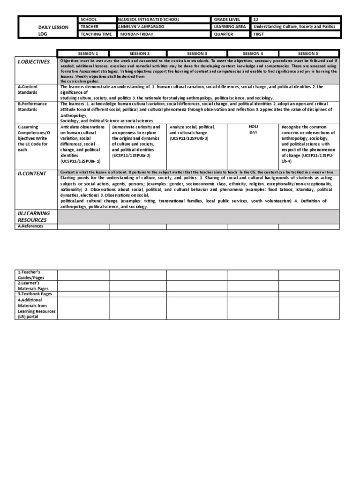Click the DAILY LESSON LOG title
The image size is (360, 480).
point(53,30)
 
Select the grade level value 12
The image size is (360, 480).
point(256,20)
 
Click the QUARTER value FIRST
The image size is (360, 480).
point(259,34)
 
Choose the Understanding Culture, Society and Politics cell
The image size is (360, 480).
point(294,27)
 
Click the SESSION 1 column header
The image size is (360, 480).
point(83,53)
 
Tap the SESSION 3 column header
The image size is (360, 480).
point(197,53)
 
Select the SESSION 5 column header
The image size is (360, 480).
point(307,53)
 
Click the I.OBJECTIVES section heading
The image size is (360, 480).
point(34,62)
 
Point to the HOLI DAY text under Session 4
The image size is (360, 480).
point(253,130)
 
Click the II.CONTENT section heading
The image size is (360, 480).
point(32,173)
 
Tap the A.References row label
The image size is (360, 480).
point(30,226)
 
